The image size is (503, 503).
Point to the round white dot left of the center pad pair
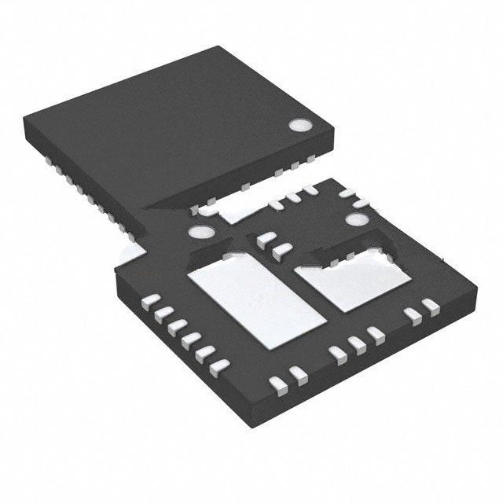(199, 233)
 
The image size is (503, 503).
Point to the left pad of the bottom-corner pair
(277, 384)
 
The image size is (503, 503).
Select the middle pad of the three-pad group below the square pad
(356, 343)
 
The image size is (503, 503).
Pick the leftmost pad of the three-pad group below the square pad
(339, 354)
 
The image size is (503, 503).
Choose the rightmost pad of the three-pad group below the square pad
(373, 333)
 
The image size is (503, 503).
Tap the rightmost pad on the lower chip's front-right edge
(429, 304)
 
